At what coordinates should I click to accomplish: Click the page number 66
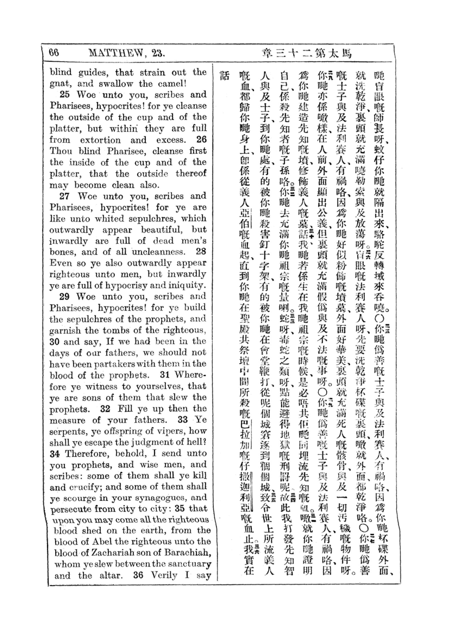54,53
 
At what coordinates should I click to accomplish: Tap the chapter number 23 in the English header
158,53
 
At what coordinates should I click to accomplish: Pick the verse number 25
65,94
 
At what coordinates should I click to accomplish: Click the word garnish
65,330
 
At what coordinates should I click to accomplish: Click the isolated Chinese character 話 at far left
225,76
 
